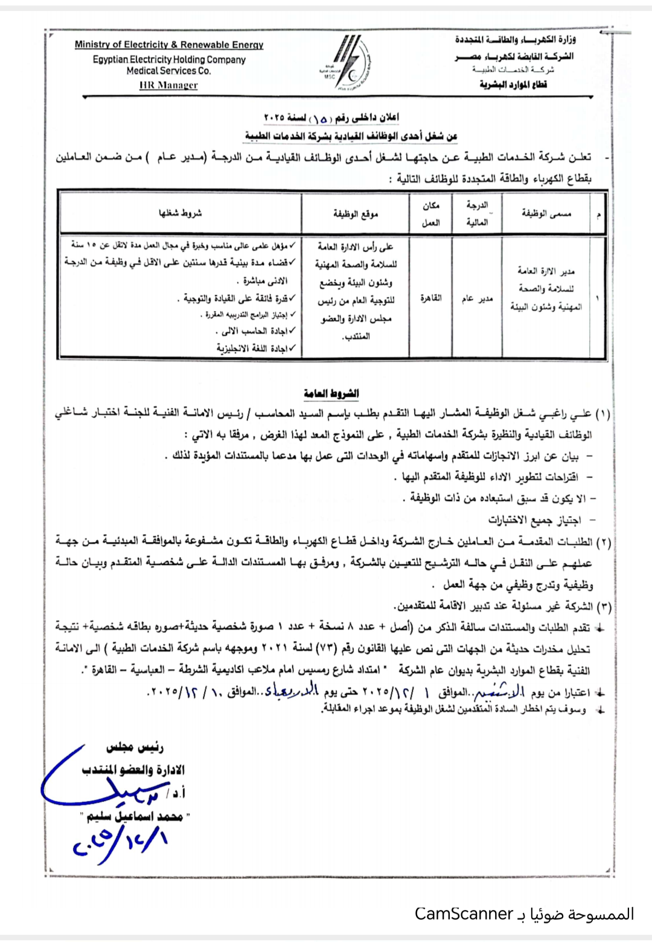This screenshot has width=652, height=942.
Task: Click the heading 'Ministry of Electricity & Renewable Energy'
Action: pos(169,45)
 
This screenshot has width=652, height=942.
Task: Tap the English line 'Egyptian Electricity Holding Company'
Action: pos(169,60)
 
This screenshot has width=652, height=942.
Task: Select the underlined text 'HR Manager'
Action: pos(168,85)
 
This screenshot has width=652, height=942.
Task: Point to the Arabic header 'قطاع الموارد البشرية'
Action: pos(513,85)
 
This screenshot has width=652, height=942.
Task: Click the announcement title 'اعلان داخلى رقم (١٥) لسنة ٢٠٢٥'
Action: pos(331,117)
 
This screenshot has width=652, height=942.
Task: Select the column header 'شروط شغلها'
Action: pos(180,213)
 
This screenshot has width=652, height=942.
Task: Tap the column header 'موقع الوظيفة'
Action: pos(355,214)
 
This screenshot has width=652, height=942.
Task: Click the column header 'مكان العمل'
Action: pos(430,214)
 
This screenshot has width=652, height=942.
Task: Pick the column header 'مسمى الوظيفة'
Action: pos(546,214)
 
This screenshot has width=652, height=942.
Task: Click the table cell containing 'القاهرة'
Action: pos(430,298)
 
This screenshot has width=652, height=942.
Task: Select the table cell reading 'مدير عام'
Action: pos(477,298)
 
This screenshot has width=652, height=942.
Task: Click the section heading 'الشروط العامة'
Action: pos(331,393)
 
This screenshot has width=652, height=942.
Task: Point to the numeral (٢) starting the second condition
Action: pos(603,542)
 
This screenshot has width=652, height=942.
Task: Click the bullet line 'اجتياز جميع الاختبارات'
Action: pos(534,520)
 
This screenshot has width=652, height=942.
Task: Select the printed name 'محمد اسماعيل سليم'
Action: pos(135,817)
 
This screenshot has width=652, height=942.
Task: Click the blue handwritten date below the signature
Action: pos(121,842)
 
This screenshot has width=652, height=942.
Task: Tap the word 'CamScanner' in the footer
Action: pos(464,914)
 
